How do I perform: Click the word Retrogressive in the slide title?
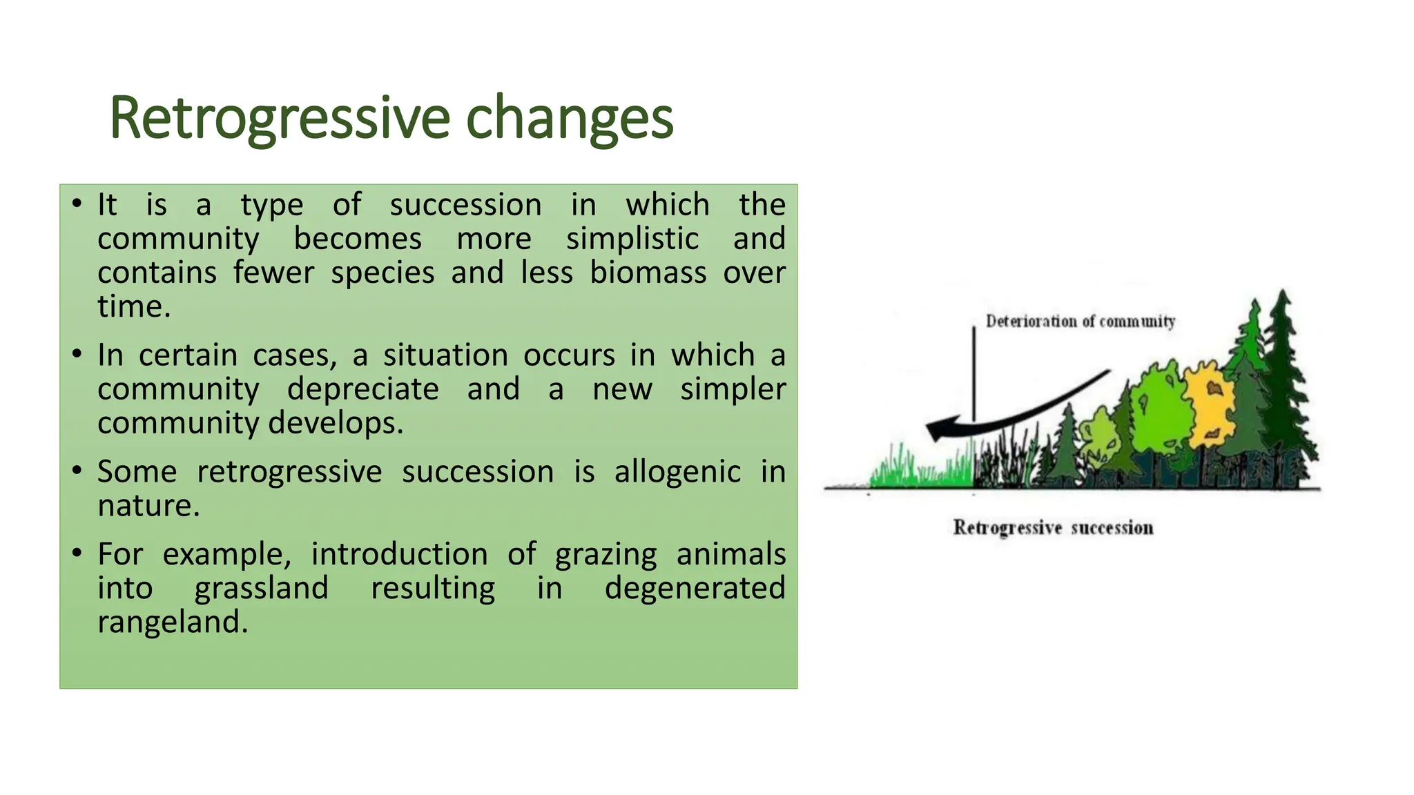click(x=280, y=119)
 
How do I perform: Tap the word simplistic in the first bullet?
click(x=632, y=239)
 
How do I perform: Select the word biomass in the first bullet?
click(x=648, y=272)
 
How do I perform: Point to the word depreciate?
click(x=363, y=390)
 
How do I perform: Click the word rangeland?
click(x=173, y=622)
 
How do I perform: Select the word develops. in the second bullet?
click(x=336, y=424)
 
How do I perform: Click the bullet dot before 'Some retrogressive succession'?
click(x=77, y=471)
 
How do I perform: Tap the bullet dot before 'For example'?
click(x=77, y=553)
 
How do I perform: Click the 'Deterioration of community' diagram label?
click(x=1081, y=322)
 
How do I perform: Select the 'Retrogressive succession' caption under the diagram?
click(x=1054, y=528)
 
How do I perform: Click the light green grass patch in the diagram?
click(x=922, y=467)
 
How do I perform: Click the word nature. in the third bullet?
click(x=148, y=506)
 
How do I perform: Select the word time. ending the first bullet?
click(x=134, y=306)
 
